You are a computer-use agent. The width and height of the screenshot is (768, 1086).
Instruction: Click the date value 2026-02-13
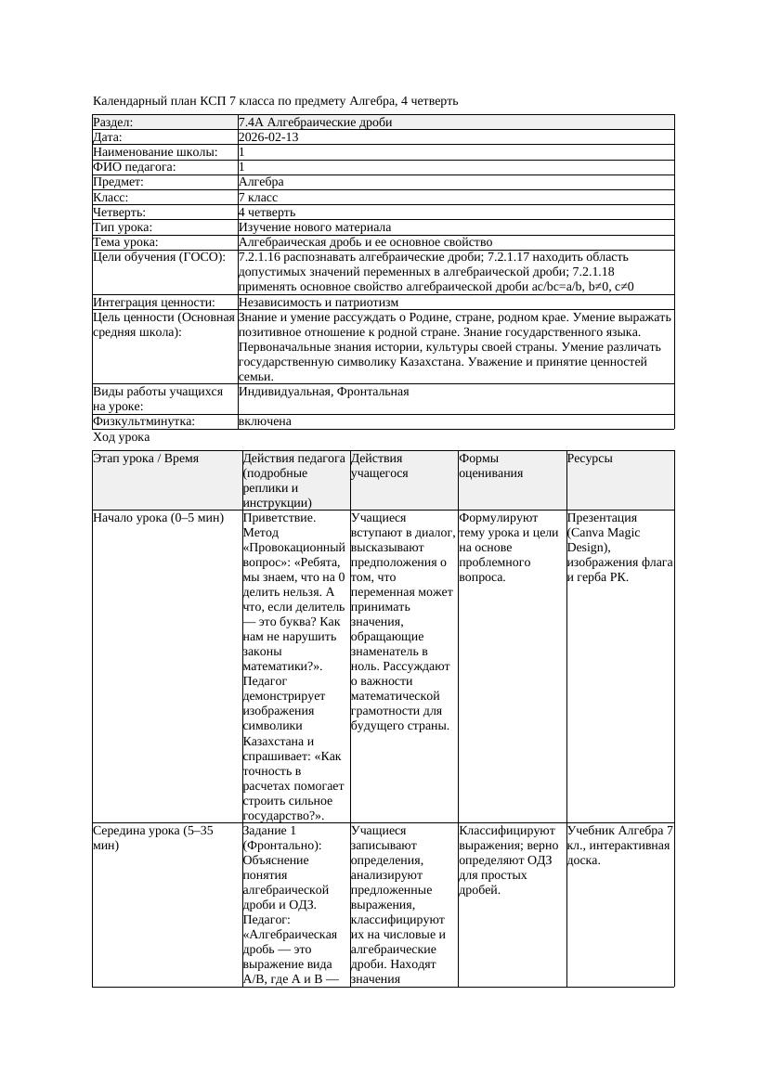pyautogui.click(x=268, y=137)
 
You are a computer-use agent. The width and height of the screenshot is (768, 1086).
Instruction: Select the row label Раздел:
pyautogui.click(x=113, y=123)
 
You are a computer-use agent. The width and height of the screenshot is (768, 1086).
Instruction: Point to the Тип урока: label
pyautogui.click(x=123, y=227)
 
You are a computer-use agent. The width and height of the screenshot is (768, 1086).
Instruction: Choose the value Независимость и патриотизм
pyautogui.click(x=319, y=303)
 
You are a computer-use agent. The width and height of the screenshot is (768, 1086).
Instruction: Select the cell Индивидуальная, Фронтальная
pyautogui.click(x=323, y=392)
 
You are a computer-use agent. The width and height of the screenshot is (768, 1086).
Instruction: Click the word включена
pyautogui.click(x=265, y=421)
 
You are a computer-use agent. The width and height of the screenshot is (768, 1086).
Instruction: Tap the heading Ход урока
pyautogui.click(x=122, y=437)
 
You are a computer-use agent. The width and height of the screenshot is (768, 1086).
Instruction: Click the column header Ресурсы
pyautogui.click(x=590, y=459)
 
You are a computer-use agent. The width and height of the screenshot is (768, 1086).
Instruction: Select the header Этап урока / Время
pyautogui.click(x=146, y=459)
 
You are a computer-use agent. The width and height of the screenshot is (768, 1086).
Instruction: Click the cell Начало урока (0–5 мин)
pyautogui.click(x=159, y=518)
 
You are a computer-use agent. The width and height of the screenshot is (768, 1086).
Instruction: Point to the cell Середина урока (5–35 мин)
pyautogui.click(x=153, y=837)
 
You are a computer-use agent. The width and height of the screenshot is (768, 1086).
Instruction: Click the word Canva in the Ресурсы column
pyautogui.click(x=590, y=533)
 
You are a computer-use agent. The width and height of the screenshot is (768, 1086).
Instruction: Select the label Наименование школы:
pyautogui.click(x=156, y=152)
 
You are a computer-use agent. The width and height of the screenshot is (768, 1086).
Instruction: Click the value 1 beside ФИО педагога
pyautogui.click(x=242, y=167)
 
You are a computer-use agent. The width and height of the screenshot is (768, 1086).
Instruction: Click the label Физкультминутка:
pyautogui.click(x=144, y=421)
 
